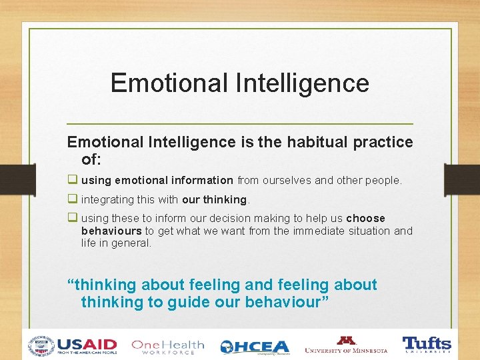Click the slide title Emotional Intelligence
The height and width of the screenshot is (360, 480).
pyautogui.click(x=239, y=83)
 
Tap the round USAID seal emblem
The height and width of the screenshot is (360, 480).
pyautogui.click(x=41, y=346)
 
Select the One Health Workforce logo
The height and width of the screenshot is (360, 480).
pyautogui.click(x=167, y=346)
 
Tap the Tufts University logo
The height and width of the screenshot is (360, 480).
pyautogui.click(x=427, y=345)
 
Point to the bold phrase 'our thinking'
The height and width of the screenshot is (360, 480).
pyautogui.click(x=214, y=199)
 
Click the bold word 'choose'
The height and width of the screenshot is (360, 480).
pyautogui.click(x=365, y=219)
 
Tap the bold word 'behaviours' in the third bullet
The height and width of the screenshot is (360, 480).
pyautogui.click(x=111, y=231)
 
